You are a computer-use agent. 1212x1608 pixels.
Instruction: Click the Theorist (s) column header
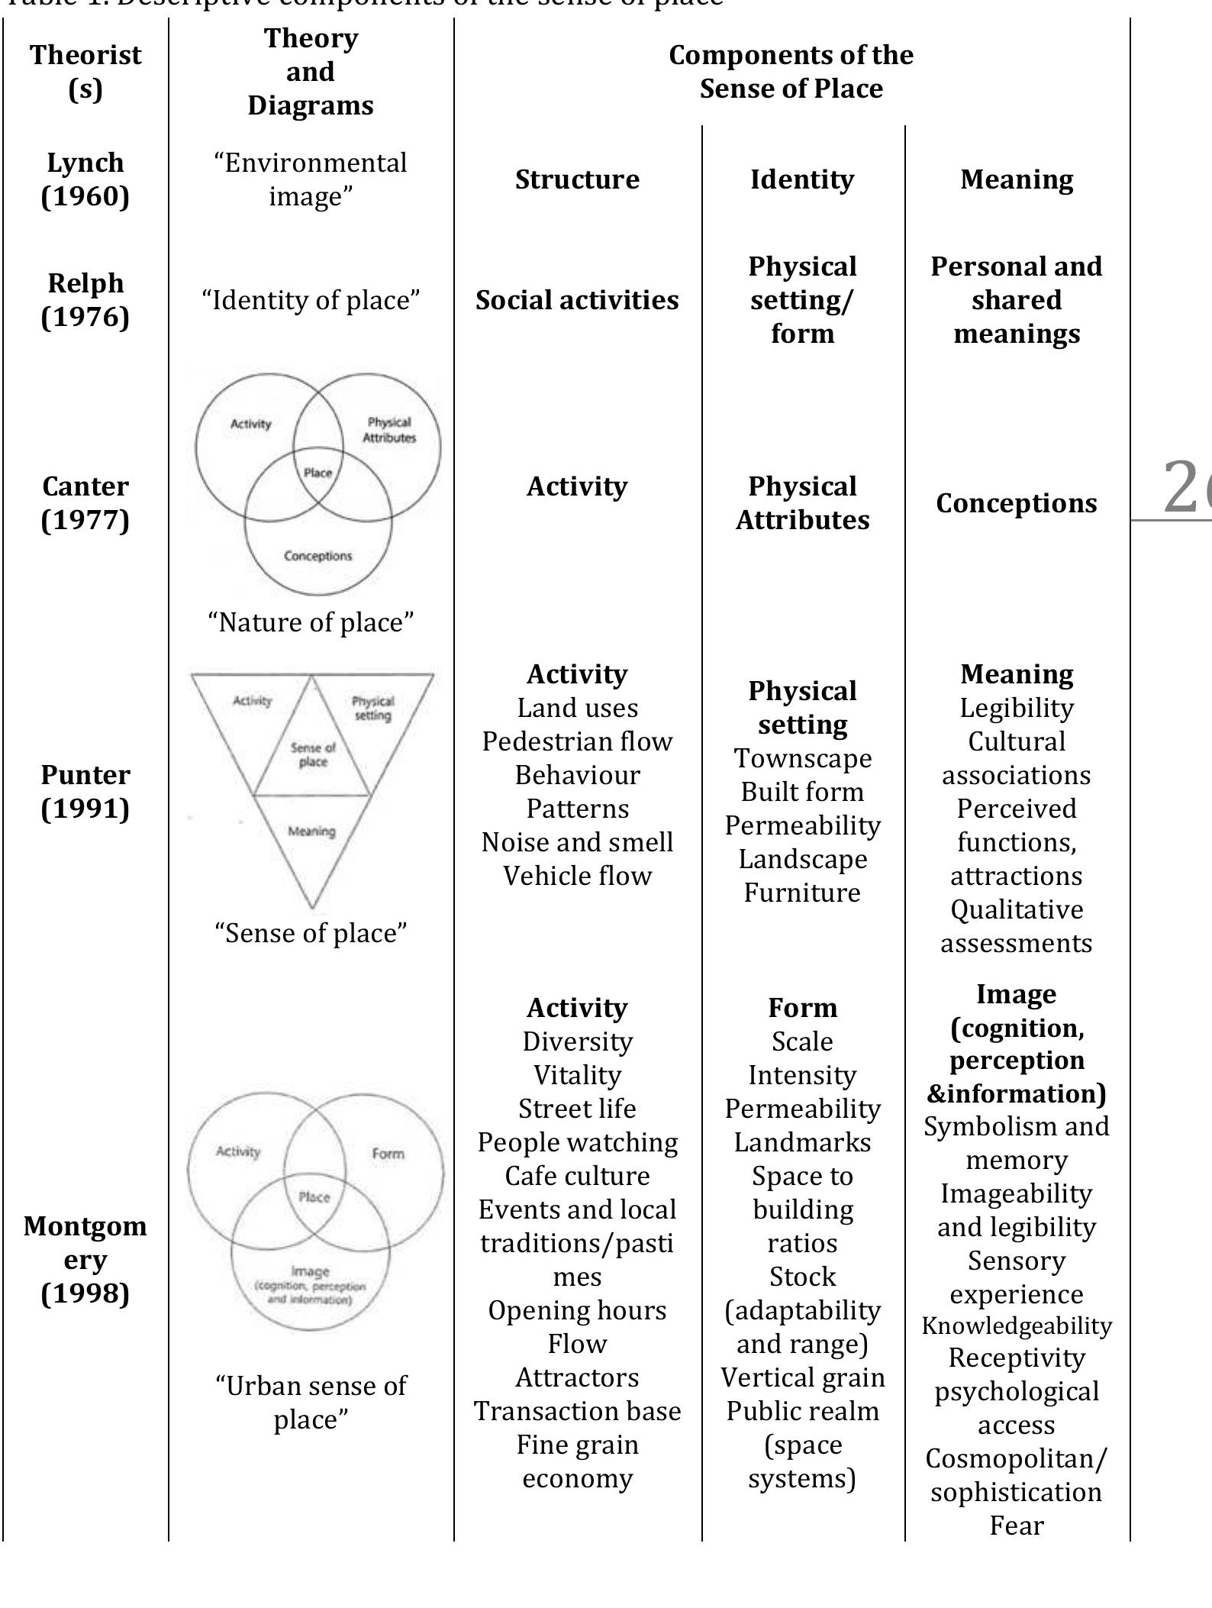85,72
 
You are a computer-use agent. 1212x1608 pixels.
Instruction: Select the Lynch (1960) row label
85,179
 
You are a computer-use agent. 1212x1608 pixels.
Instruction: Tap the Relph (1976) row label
85,300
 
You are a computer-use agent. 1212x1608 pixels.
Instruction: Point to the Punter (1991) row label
85,792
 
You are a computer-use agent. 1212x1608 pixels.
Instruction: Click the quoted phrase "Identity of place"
311,300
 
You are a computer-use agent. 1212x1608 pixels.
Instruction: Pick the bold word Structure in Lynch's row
577,179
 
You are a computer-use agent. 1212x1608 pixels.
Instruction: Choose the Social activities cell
577,300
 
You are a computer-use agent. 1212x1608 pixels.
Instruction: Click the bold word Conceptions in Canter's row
1016,503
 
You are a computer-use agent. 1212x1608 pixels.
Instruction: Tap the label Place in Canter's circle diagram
318,473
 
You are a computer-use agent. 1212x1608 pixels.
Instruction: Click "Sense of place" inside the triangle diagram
313,754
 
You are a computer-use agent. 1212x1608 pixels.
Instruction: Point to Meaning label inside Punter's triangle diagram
311,831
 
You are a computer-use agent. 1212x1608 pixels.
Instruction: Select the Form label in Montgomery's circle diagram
388,1154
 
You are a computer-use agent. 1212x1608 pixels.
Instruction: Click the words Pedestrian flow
577,741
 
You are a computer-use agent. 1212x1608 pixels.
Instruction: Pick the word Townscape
802,758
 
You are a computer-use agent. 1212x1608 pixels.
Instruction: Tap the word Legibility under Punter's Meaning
1016,708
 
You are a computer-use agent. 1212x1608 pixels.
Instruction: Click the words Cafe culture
577,1176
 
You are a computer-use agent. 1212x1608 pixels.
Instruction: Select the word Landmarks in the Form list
802,1142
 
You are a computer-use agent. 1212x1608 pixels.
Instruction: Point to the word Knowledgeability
1016,1326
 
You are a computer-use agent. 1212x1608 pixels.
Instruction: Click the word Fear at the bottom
1016,1526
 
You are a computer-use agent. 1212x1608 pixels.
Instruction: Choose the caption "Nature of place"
311,622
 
